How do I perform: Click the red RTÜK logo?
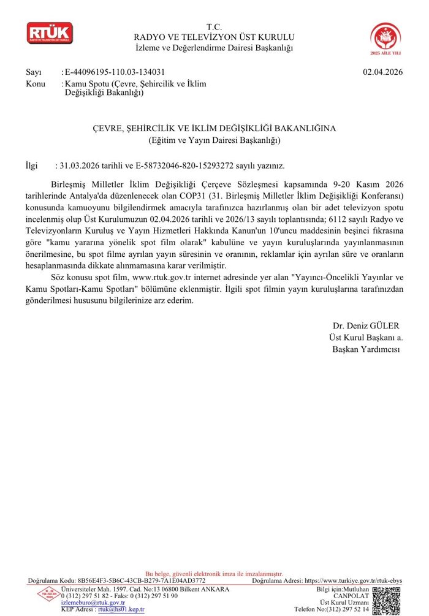[x=49, y=33]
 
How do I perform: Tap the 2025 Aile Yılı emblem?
[x=386, y=38]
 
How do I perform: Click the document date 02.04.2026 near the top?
[x=382, y=72]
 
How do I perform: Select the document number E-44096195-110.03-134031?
[x=115, y=72]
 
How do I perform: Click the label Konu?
[x=36, y=83]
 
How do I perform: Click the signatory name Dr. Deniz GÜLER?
[x=365, y=325]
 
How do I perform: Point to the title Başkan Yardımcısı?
[x=366, y=349]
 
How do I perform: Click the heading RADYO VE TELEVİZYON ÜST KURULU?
[x=214, y=37]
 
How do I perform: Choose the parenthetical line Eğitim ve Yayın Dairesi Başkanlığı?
[x=214, y=140]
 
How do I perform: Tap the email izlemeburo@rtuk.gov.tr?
[x=93, y=603]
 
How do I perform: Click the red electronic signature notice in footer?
[x=214, y=574]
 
